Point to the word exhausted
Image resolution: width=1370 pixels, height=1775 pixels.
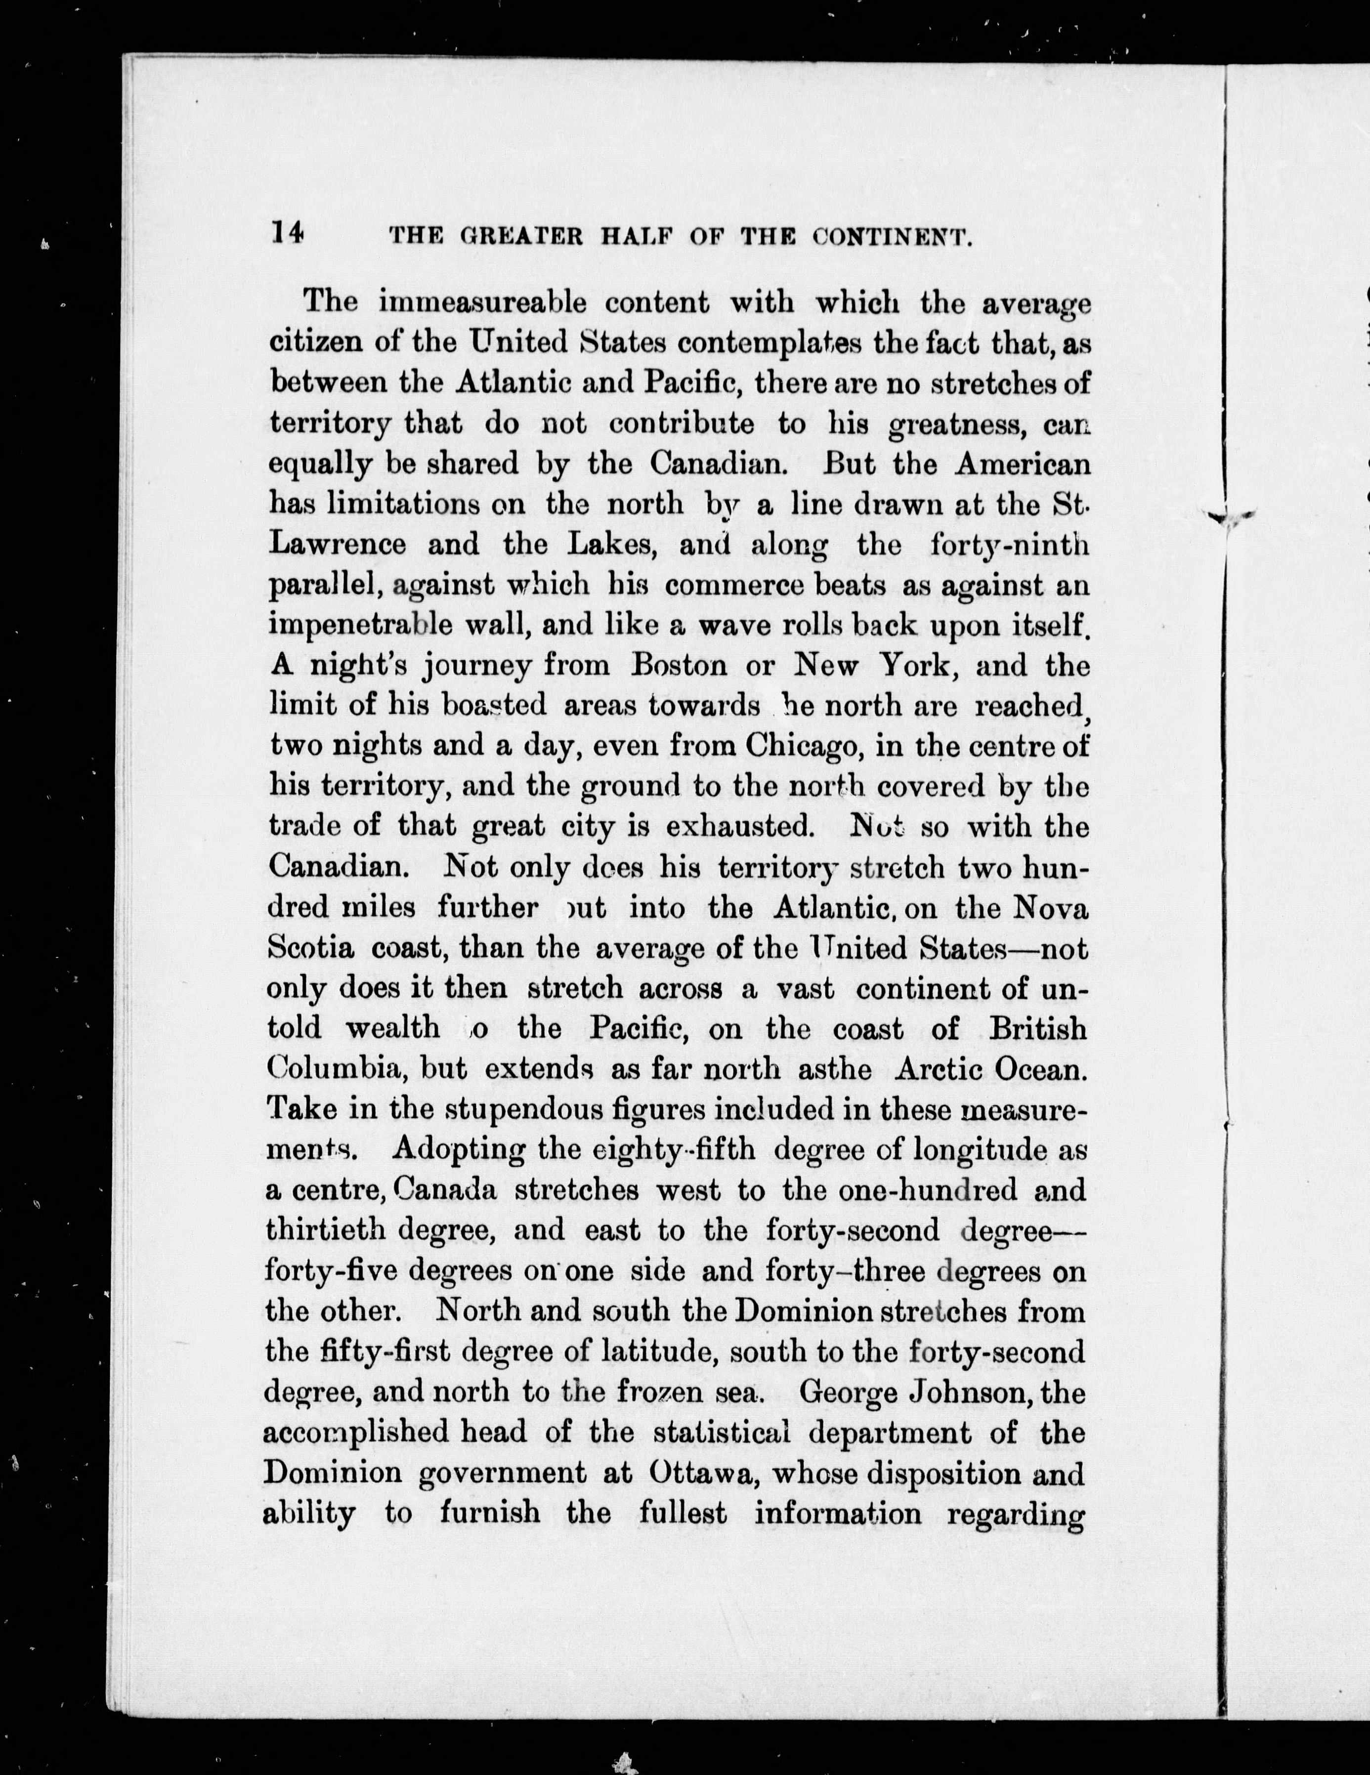[x=738, y=827]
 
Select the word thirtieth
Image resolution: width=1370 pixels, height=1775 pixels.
[x=329, y=1229]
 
